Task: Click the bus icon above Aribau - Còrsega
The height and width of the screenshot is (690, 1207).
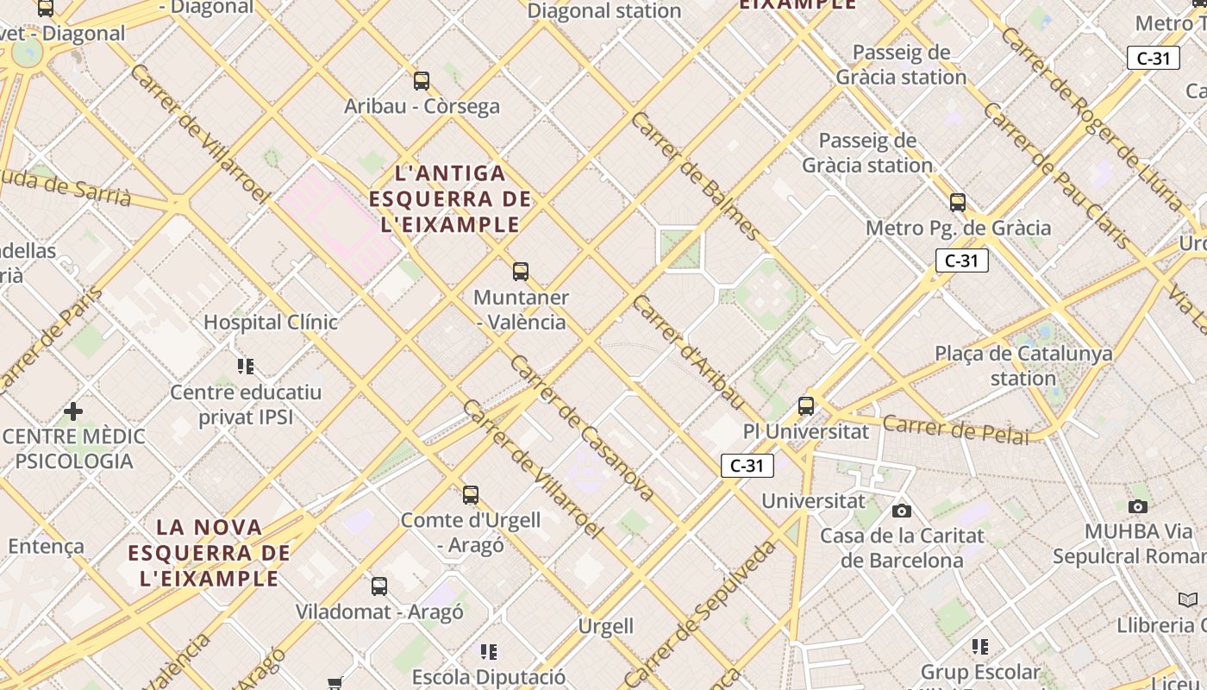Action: pos(422,81)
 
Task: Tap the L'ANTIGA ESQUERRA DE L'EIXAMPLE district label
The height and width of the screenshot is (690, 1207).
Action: pos(449,199)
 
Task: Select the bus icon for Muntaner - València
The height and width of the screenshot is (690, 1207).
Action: pos(521,272)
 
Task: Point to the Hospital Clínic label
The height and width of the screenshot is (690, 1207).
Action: pos(271,323)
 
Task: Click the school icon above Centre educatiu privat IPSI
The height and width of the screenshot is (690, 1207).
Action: pos(246,367)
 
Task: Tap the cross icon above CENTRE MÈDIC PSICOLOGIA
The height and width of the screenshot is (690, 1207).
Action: pos(73,411)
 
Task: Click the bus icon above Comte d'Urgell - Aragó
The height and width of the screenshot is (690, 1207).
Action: pos(471,495)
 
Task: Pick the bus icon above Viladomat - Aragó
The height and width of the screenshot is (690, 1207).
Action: pos(379,586)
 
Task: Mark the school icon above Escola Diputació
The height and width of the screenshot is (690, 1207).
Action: pos(489,651)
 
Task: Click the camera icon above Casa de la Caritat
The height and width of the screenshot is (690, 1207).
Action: pos(902,511)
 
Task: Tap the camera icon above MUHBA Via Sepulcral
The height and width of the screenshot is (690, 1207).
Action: pos(1138,506)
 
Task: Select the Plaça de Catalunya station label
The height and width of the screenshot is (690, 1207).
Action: pos(1023,366)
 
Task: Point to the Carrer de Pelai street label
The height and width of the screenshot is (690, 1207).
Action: pos(955,429)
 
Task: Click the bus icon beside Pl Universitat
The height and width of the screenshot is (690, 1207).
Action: pos(806,405)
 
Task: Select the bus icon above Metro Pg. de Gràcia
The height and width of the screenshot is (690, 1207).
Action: pos(958,203)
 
